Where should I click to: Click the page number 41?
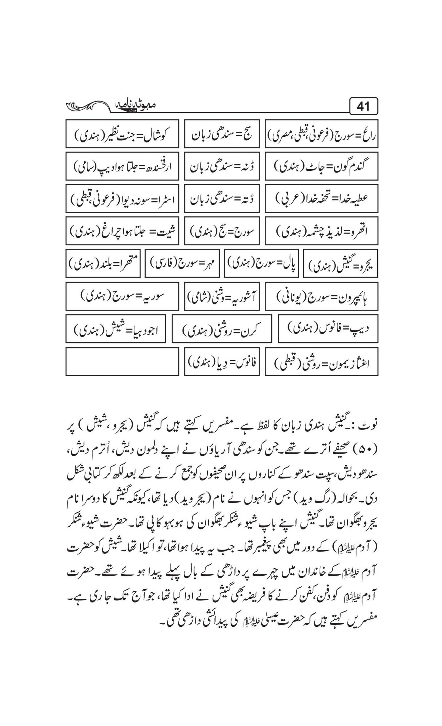point(363,106)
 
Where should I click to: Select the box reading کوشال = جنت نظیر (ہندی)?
point(122,134)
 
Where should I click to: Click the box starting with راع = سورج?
point(321,134)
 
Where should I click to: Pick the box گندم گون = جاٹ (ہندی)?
point(321,166)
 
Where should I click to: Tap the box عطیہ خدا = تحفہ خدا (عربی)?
point(321,198)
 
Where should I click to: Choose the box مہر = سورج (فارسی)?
point(182,263)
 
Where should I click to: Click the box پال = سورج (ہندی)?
point(261,263)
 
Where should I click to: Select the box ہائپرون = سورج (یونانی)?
point(321,296)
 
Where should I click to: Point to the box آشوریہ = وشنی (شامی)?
point(222,296)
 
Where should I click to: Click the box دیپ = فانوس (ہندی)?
point(328,328)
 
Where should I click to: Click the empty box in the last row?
point(122,362)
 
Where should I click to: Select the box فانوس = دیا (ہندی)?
point(222,362)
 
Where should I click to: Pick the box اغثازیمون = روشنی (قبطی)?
point(321,362)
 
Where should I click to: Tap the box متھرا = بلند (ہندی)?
point(103,263)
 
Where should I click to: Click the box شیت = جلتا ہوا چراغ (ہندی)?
point(122,231)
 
